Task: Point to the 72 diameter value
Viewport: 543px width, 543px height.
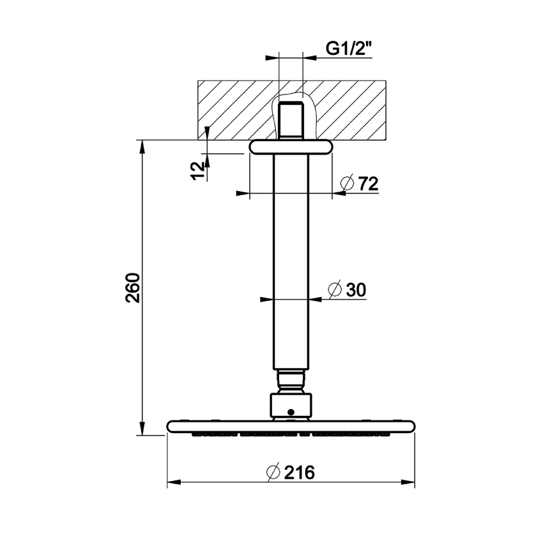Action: click(x=368, y=184)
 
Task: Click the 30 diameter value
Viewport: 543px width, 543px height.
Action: click(x=355, y=289)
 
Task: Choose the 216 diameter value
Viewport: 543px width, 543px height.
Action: click(x=300, y=473)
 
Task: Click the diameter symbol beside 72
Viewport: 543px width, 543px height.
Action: click(x=347, y=184)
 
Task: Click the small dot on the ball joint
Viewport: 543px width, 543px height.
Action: click(x=291, y=412)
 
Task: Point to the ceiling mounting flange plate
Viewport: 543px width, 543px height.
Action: click(x=291, y=147)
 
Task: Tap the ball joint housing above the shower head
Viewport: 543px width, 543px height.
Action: click(x=291, y=405)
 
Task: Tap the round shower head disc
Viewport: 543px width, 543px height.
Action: click(x=291, y=426)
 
